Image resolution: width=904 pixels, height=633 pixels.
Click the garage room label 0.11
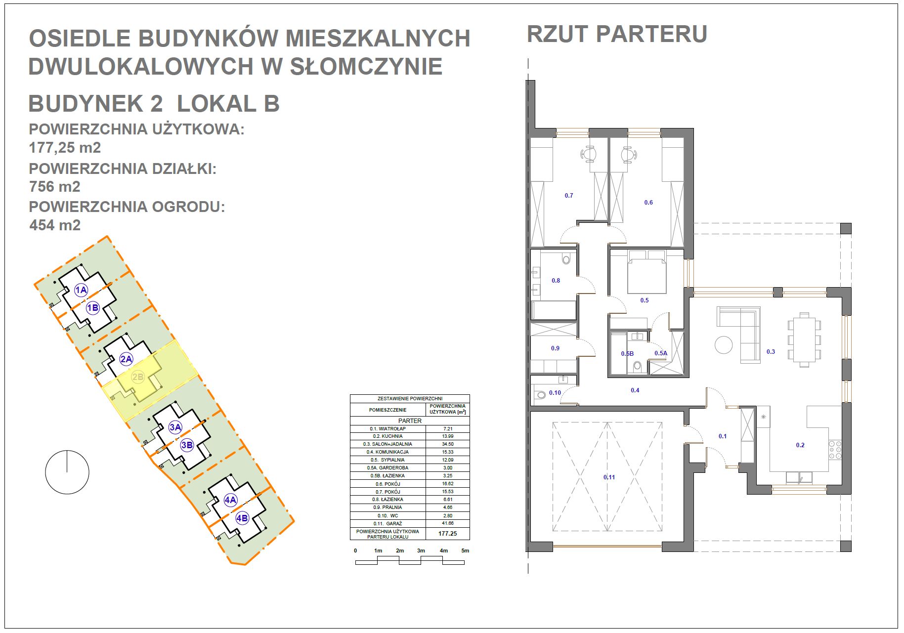[x=609, y=477]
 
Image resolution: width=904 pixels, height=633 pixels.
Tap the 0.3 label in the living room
[x=771, y=352]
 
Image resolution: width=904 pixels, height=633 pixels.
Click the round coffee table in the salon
[x=724, y=344]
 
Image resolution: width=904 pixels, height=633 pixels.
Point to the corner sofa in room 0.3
[x=739, y=334]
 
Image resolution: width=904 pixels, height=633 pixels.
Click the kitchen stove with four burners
[x=835, y=450]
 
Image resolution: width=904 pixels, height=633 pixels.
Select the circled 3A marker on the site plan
[x=175, y=427]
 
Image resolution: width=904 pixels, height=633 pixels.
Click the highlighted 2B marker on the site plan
[x=137, y=378]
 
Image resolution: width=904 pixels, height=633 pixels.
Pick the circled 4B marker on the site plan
[x=242, y=518]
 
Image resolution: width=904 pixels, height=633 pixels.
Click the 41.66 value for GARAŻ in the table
[x=448, y=523]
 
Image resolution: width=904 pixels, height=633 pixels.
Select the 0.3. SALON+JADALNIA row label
[x=387, y=444]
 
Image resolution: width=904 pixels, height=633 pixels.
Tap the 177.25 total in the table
[x=448, y=534]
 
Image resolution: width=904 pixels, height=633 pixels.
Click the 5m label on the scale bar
[x=465, y=550]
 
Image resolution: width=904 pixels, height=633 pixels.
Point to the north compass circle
[x=67, y=472]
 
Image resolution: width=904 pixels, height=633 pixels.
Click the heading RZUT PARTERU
[x=617, y=34]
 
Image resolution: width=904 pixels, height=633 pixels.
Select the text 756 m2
[x=54, y=187]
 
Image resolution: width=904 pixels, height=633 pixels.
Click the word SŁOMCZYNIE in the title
[x=366, y=67]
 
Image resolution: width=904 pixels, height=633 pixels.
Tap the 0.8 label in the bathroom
[x=556, y=281]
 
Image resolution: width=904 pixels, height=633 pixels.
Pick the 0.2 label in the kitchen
[x=800, y=445]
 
